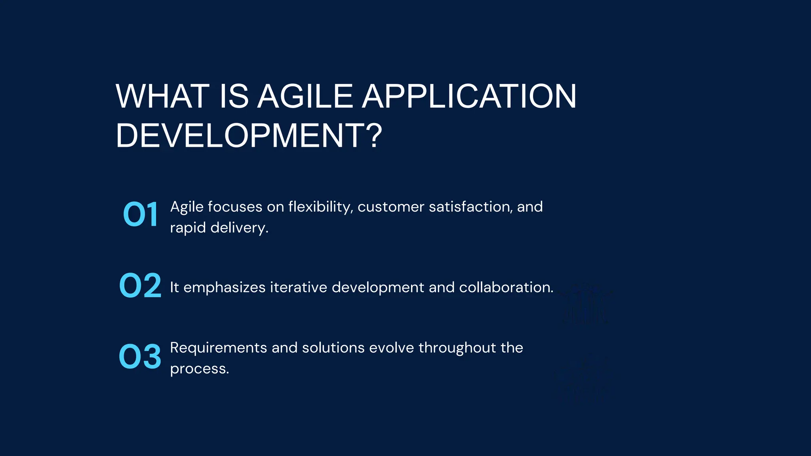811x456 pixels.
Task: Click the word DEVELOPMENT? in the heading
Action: click(x=249, y=136)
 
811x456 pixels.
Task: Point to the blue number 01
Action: click(x=141, y=215)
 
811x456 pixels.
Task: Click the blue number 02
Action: click(x=140, y=286)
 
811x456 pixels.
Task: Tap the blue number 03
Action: click(x=140, y=357)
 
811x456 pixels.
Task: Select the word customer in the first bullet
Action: click(x=391, y=207)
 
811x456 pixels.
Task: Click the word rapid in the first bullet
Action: click(x=188, y=228)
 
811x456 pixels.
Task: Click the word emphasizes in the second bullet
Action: click(x=225, y=287)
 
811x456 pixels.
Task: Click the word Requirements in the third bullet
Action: click(x=219, y=348)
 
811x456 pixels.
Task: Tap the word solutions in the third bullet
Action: click(x=333, y=348)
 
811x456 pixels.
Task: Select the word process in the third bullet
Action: click(x=198, y=369)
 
